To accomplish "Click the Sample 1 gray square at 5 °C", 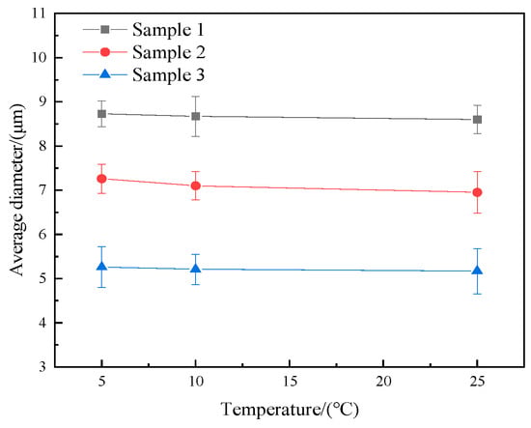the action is pyautogui.click(x=101, y=114).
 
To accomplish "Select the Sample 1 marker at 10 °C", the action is pyautogui.click(x=195, y=116).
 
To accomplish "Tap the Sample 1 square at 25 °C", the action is pyautogui.click(x=477, y=120).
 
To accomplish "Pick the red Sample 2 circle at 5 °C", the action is pyautogui.click(x=101, y=179).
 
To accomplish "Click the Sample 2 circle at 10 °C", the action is pyautogui.click(x=195, y=185).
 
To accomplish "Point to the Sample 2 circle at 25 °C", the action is pyautogui.click(x=477, y=192).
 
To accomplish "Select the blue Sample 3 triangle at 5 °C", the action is pyautogui.click(x=101, y=266).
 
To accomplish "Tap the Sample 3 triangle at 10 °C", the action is pyautogui.click(x=195, y=268).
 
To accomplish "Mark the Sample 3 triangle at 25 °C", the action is pyautogui.click(x=477, y=270).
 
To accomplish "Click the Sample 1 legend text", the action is pyautogui.click(x=168, y=30).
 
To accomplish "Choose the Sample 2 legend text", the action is pyautogui.click(x=168, y=52).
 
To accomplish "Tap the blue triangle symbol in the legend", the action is pyautogui.click(x=105, y=73).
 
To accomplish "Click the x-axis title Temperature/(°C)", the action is pyautogui.click(x=290, y=409).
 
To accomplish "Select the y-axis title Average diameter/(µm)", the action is pyautogui.click(x=17, y=190).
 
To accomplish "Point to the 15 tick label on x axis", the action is pyautogui.click(x=290, y=382).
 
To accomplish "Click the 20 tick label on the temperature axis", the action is pyautogui.click(x=383, y=382).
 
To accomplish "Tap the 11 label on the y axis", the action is pyautogui.click(x=40, y=14).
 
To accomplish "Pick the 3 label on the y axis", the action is pyautogui.click(x=42, y=367).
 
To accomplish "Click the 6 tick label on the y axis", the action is pyautogui.click(x=42, y=234).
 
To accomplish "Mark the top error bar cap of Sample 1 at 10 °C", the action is pyautogui.click(x=195, y=97).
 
